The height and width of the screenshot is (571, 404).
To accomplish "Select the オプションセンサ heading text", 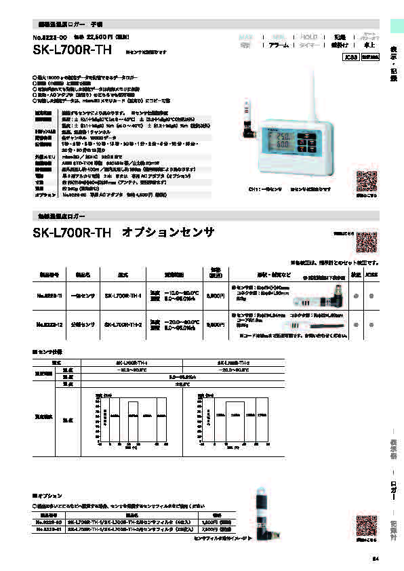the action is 168,233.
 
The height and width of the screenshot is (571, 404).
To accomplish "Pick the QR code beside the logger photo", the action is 367,181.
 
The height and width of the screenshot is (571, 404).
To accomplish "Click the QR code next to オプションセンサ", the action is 366,243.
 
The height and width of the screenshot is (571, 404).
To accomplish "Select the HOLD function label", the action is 308,37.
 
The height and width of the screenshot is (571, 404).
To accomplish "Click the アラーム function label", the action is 278,45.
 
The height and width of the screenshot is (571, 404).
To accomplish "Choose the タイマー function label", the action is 308,45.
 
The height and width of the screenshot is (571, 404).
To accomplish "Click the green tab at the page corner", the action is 395,24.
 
